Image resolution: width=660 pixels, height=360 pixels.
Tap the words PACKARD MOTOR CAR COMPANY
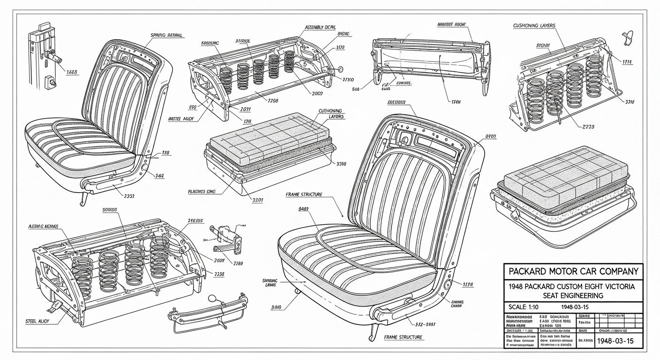click(x=573, y=271)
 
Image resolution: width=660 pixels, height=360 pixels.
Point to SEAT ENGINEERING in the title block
click(x=573, y=295)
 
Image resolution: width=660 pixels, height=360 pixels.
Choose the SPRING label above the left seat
click(x=166, y=35)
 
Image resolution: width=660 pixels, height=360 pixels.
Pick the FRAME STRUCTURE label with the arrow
click(x=304, y=194)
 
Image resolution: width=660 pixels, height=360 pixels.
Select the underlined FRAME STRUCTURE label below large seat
click(x=403, y=337)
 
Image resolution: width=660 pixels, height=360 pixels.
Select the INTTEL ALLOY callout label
click(x=180, y=119)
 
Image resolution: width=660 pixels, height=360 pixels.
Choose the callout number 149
click(x=160, y=176)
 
